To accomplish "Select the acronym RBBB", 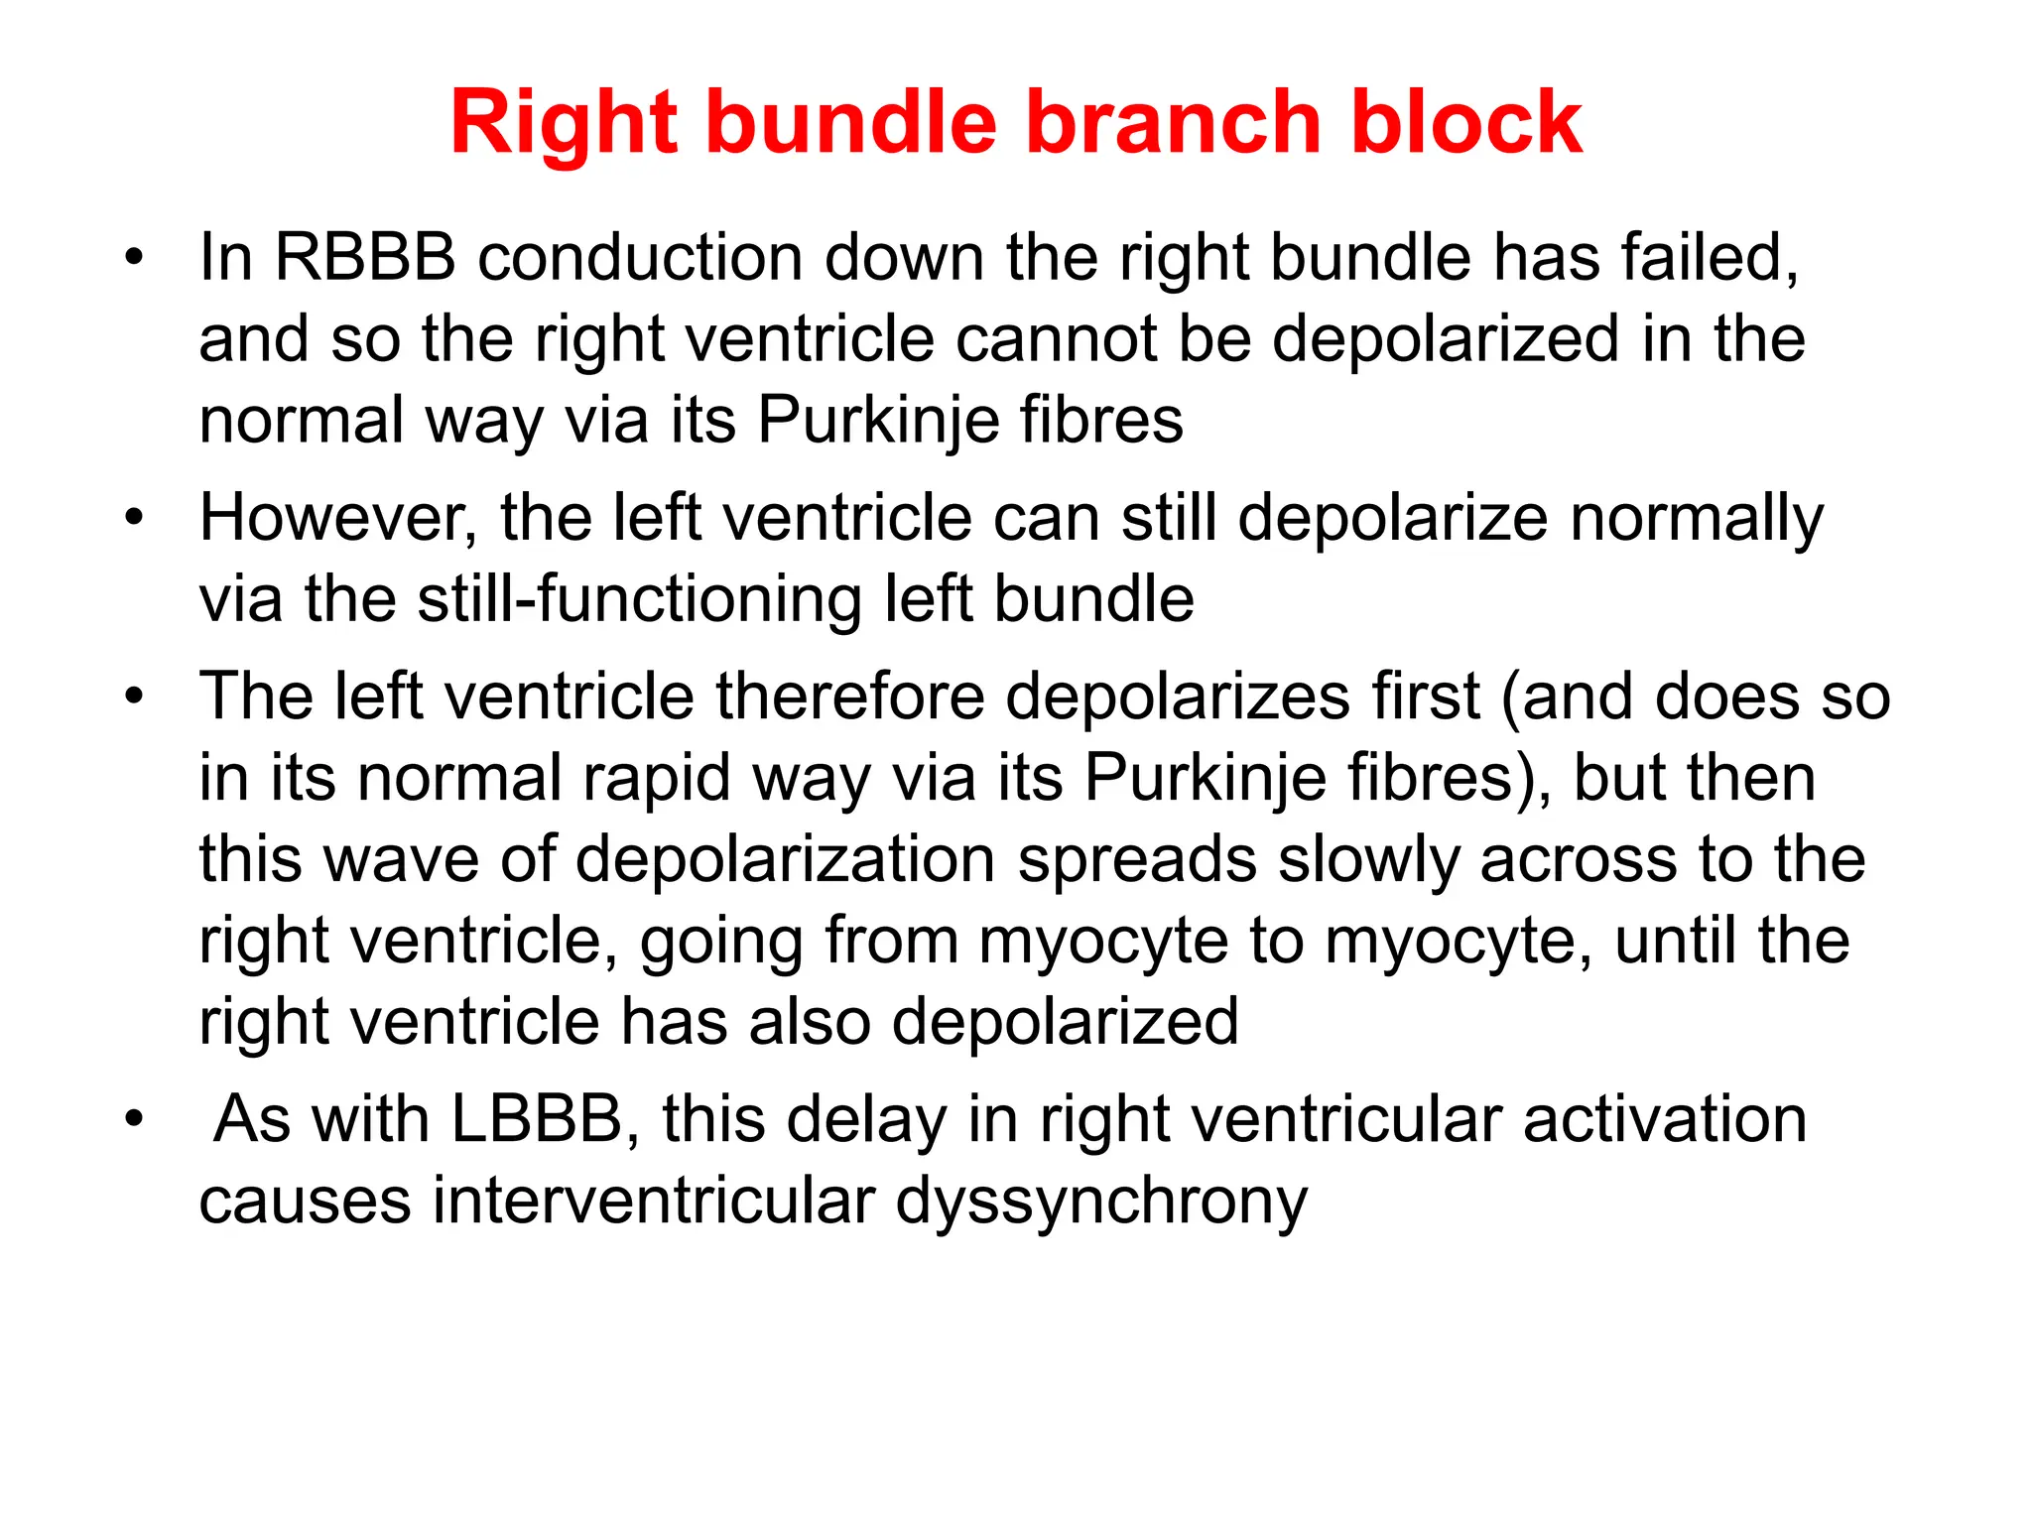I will [x=364, y=257].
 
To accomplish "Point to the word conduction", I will [x=640, y=257].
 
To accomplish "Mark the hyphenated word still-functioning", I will [x=640, y=599].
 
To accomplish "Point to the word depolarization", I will [x=785, y=859].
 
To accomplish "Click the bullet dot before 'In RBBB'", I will [x=134, y=259].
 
